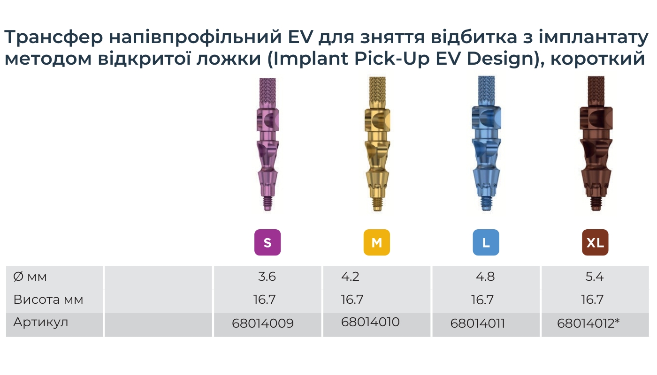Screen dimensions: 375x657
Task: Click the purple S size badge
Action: [267, 242]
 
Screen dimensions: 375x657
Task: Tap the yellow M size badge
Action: [376, 242]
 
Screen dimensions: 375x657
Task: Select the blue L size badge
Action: [486, 242]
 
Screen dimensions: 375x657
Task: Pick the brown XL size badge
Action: [595, 242]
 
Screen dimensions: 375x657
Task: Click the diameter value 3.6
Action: [267, 277]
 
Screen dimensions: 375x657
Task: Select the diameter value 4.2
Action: [350, 277]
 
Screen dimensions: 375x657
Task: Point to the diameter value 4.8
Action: [485, 277]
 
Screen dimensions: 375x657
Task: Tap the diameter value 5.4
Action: [595, 277]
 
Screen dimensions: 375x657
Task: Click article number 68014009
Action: [263, 323]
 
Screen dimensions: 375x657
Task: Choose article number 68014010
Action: [370, 322]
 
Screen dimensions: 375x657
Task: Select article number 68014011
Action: [477, 323]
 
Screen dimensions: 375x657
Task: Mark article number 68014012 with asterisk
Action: [588, 323]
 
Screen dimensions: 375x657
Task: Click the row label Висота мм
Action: [48, 300]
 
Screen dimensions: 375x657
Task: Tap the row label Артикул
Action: [41, 322]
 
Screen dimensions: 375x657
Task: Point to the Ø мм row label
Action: [31, 277]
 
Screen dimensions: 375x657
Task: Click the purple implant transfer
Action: [267, 145]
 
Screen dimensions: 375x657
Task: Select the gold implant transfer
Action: [376, 145]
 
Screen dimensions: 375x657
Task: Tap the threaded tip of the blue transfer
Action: [486, 204]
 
